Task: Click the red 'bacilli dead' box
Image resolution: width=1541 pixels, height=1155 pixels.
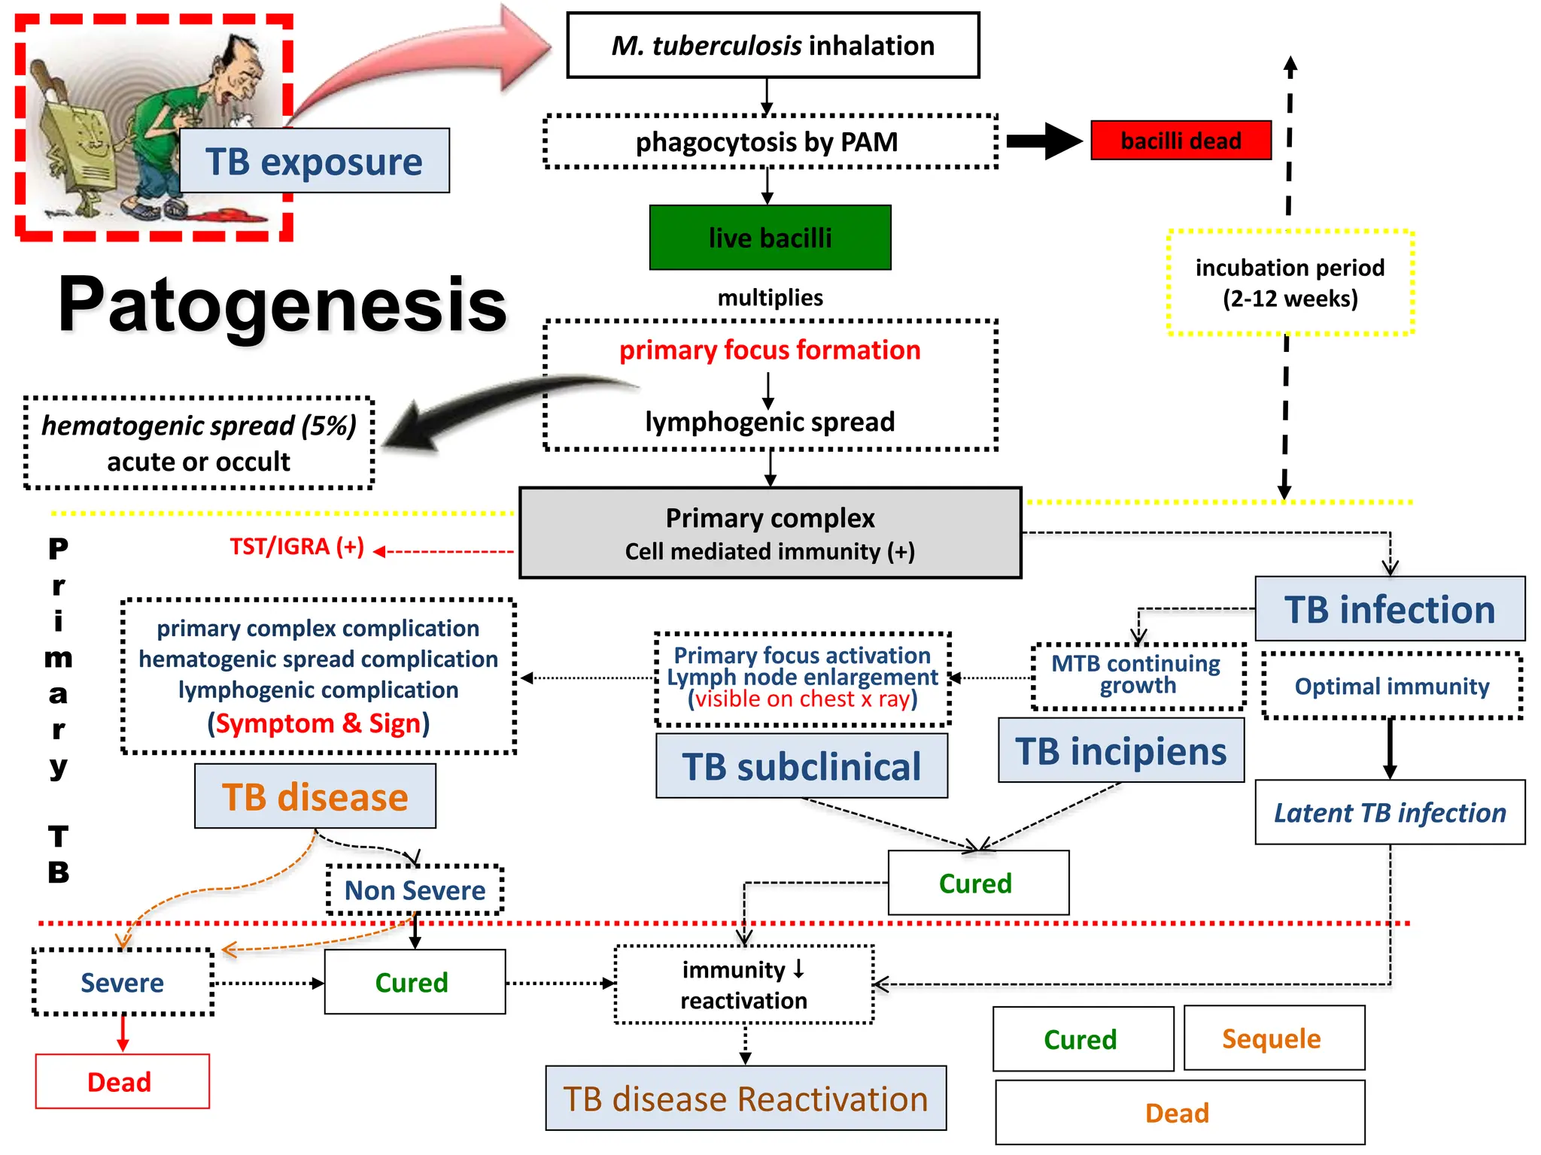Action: click(x=1181, y=141)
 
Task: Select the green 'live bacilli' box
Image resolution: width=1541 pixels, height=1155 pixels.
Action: click(x=770, y=238)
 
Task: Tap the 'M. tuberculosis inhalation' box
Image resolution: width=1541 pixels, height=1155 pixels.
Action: click(x=773, y=45)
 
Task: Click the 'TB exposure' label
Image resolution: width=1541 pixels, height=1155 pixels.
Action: click(x=314, y=161)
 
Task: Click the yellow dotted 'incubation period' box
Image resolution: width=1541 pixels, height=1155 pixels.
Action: click(x=1290, y=283)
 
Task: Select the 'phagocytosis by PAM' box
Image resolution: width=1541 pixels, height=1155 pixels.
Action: click(x=770, y=142)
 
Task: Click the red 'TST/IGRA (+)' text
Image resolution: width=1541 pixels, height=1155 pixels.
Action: click(x=296, y=547)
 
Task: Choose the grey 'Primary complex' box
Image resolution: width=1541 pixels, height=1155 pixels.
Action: click(x=770, y=533)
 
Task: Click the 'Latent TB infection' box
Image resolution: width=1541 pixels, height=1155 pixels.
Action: click(x=1389, y=812)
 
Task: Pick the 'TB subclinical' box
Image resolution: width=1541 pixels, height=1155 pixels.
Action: click(x=801, y=766)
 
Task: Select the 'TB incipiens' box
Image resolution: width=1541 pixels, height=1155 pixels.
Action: click(x=1120, y=750)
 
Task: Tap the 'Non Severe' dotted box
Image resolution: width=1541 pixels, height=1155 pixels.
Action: click(x=415, y=890)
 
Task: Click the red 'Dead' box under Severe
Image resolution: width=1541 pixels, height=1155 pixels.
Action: click(x=122, y=1081)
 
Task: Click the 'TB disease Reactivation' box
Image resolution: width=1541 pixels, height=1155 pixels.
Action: click(x=745, y=1099)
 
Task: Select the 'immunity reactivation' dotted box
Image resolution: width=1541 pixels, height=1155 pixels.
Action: click(x=744, y=985)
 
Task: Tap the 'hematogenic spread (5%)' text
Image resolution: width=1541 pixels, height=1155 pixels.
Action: click(x=199, y=426)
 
